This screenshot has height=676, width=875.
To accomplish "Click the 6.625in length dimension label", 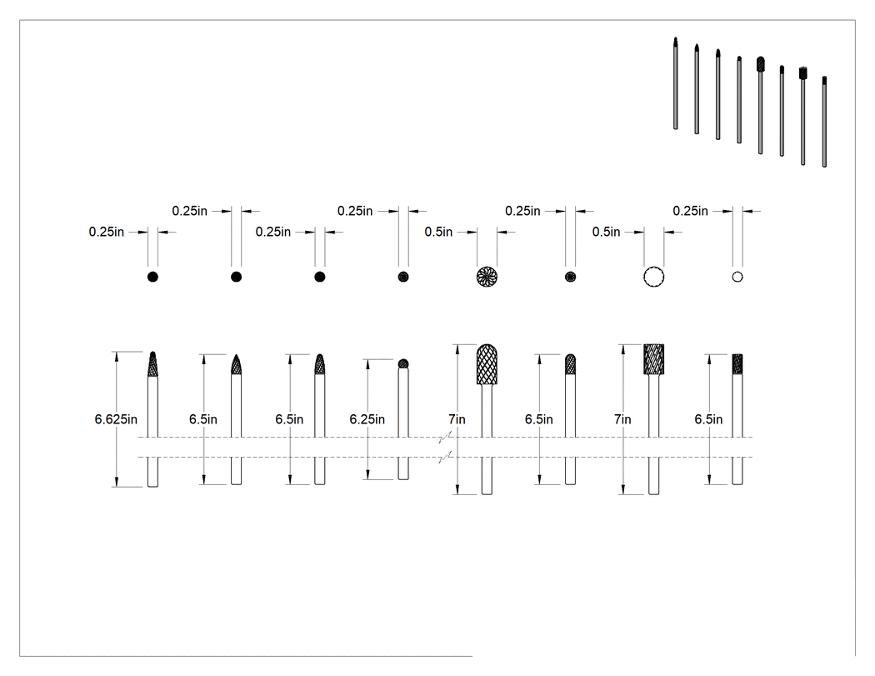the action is [116, 419].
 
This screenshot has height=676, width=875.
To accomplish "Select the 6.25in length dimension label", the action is [367, 419].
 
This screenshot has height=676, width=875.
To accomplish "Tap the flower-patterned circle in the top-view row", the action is [487, 276].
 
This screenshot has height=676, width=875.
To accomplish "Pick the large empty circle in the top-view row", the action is [653, 276].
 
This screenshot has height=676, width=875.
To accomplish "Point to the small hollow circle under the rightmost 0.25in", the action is [737, 277].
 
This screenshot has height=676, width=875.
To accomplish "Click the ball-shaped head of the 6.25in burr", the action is [403, 364].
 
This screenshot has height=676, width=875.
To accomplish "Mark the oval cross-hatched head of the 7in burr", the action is [487, 364].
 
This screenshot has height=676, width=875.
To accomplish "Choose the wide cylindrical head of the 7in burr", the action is [653, 359].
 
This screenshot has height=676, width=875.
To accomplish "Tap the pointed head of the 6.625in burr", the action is [152, 364].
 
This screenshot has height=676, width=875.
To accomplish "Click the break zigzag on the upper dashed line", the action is [445, 437].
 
